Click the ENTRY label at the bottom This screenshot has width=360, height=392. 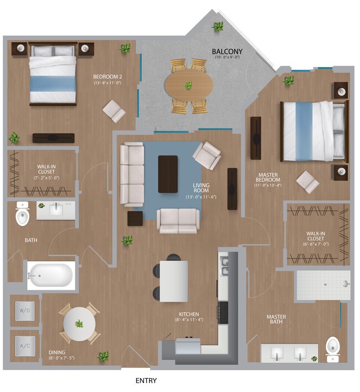pos(146,381)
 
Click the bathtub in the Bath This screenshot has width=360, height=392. pos(52,275)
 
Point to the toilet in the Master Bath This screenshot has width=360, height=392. pos(333,348)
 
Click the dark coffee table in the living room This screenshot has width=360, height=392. pos(168,174)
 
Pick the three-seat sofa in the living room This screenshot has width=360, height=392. pos(132,174)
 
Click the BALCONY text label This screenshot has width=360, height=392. pos(226,52)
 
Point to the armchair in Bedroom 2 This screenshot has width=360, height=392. pos(115,111)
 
